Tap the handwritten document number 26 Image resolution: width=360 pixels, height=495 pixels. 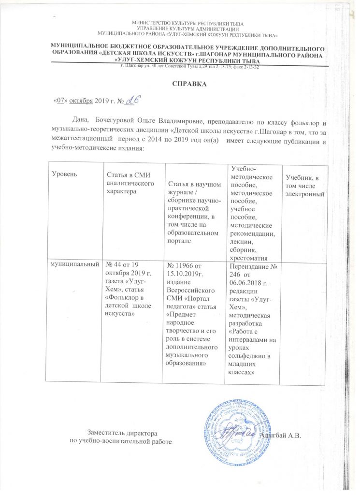pos(132,100)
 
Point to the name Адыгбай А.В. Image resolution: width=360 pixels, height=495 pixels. pos(280,436)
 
